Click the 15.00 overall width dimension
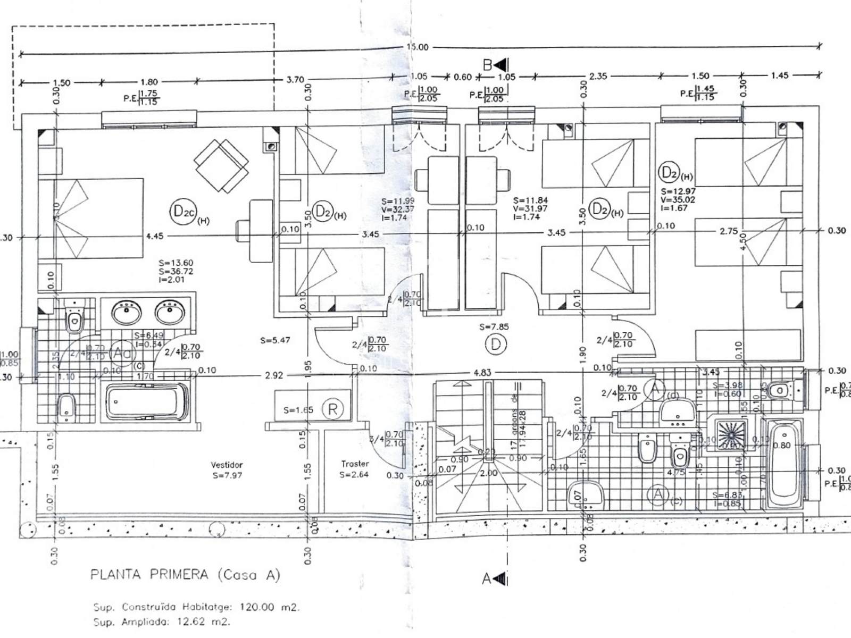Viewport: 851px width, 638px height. (417, 47)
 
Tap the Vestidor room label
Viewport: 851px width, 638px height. (227, 465)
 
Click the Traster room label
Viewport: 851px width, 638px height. (355, 464)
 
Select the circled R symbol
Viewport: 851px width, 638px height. (333, 409)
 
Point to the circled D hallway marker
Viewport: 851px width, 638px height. (495, 345)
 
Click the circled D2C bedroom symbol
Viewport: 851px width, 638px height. (183, 212)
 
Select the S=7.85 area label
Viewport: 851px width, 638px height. (494, 327)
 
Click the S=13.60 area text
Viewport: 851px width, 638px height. (176, 263)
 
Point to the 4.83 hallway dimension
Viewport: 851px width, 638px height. (482, 373)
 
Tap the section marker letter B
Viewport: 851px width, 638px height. (488, 65)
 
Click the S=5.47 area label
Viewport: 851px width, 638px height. (275, 340)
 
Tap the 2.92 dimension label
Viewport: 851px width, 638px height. (274, 375)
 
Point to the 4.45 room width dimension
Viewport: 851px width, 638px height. (154, 236)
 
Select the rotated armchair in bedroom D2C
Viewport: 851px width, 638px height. (221, 166)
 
